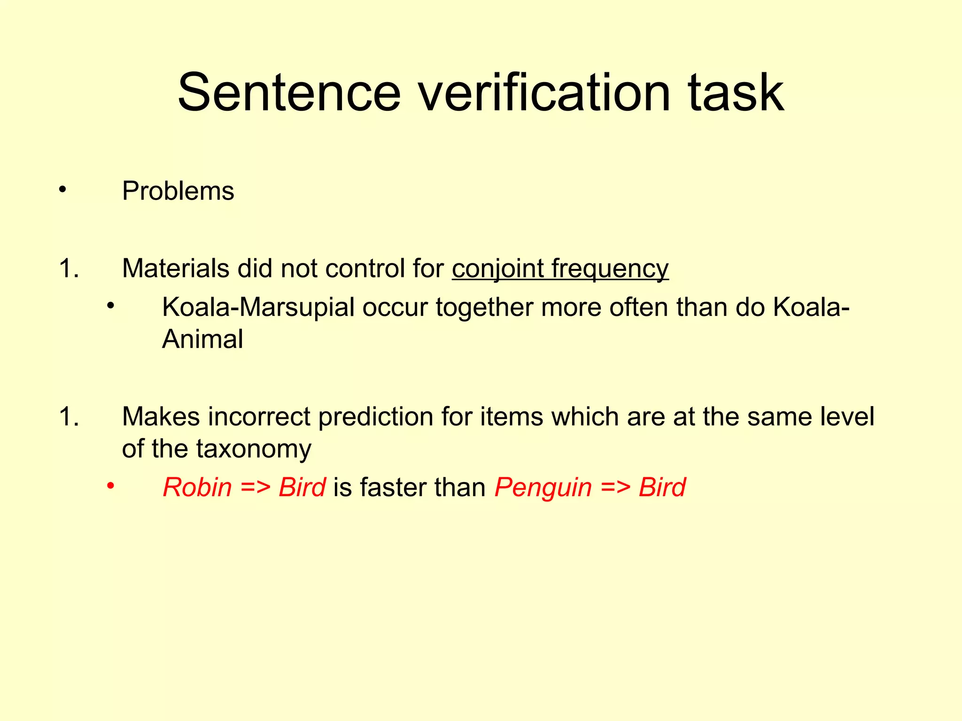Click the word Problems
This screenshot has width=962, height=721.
click(178, 191)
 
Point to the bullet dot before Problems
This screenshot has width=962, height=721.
click(62, 190)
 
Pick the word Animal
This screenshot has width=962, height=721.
click(202, 339)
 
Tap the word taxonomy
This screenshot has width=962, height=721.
click(253, 449)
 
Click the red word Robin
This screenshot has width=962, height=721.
click(197, 487)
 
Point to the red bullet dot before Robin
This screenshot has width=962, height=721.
click(110, 486)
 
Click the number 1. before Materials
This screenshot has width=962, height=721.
click(69, 269)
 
